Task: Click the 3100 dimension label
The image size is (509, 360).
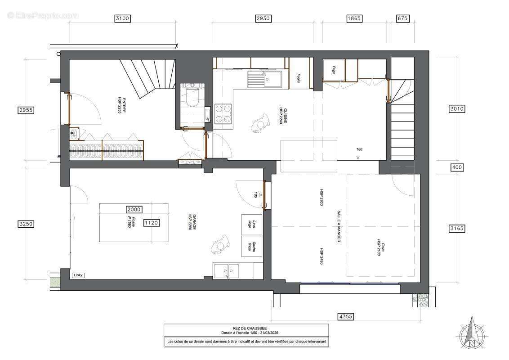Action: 122,18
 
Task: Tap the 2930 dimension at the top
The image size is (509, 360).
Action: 263,18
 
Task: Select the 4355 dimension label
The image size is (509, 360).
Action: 345,317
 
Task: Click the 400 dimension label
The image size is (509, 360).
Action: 456,167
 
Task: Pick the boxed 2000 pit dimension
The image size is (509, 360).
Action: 134,209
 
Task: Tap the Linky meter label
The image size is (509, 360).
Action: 78,275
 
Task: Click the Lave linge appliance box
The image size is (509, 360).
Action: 252,224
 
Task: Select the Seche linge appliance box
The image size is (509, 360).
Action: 252,246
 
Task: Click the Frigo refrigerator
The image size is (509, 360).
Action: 334,70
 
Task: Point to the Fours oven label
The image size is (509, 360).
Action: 298,79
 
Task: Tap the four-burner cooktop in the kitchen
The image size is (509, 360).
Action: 223,113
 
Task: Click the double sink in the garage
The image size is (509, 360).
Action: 227,271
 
